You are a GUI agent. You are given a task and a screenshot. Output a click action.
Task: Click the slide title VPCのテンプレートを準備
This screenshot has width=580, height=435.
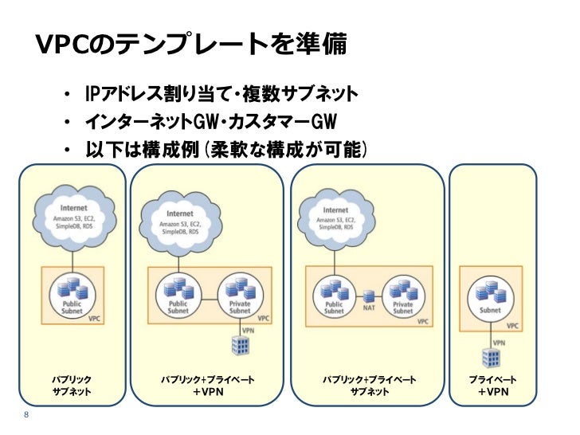pos(191,44)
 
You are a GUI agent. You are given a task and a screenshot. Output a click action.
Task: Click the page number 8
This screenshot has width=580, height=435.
pos(26,414)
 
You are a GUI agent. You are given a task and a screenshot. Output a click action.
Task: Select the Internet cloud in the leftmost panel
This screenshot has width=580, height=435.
pos(73,218)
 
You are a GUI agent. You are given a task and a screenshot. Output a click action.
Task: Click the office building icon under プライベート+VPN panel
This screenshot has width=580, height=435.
pos(492,358)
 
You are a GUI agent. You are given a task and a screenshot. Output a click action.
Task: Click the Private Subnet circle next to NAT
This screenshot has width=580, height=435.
pos(403,296)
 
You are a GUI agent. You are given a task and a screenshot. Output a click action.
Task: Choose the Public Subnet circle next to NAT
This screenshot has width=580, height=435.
pos(335,296)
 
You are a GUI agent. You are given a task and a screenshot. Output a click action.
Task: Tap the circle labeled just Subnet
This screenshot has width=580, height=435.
pos(491,298)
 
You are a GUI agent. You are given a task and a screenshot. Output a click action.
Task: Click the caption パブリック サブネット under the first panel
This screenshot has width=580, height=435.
pos(72,386)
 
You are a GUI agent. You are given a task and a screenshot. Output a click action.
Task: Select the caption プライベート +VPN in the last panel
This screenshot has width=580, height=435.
pos(492,386)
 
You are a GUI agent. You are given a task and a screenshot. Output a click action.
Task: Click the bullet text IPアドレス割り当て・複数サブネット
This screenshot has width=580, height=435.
pos(221,93)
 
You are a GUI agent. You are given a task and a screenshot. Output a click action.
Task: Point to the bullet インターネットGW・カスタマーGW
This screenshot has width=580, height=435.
pos(211,122)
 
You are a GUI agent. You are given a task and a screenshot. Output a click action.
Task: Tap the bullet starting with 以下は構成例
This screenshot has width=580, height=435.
pos(226,150)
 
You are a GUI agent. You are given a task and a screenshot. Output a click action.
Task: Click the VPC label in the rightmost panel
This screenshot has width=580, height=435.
pos(512,326)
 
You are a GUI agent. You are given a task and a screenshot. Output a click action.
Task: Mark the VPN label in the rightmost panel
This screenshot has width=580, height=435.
pos(499,343)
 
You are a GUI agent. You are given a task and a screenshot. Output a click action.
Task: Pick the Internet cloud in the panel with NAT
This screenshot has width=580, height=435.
pos(335,219)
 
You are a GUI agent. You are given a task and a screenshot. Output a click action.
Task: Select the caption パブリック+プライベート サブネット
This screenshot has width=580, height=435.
pos(369,386)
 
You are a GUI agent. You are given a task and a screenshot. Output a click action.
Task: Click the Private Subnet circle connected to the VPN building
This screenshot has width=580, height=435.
pos(240,296)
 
